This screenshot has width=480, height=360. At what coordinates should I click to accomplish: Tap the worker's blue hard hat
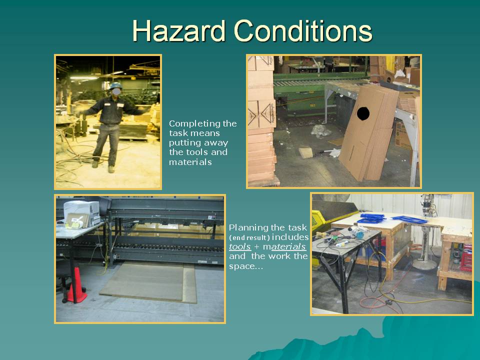115,85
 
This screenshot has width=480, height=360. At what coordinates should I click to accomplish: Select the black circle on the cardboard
363,113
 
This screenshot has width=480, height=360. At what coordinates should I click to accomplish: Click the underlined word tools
239,246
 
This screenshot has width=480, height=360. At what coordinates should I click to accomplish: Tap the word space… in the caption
246,266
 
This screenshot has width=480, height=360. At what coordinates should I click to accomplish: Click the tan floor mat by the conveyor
148,282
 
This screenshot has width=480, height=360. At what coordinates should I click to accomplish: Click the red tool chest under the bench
466,258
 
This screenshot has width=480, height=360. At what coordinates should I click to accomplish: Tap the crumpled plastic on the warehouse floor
320,131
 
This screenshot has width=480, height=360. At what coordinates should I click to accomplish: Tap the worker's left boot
111,169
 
